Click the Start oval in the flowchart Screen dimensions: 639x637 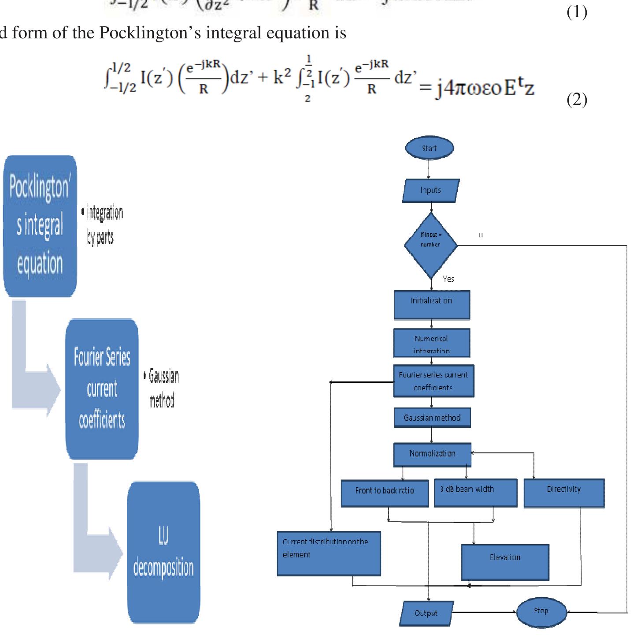click(429, 148)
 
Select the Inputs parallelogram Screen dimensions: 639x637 click(431, 191)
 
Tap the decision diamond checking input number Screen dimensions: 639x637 click(431, 245)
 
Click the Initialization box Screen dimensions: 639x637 click(432, 304)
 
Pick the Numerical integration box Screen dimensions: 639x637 click(432, 343)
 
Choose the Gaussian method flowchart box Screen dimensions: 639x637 click(432, 417)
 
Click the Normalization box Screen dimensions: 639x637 click(432, 454)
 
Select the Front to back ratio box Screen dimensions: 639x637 click(385, 493)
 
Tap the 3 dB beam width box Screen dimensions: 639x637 click(475, 493)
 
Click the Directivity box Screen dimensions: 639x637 click(564, 493)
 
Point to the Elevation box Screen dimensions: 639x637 click(505, 562)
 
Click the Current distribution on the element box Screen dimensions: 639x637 click(329, 553)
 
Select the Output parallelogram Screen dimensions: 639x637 click(426, 613)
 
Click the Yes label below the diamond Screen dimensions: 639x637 click(448, 279)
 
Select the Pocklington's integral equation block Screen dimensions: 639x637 click(40, 226)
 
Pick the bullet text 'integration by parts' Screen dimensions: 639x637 click(102, 225)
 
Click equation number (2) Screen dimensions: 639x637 click(577, 100)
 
